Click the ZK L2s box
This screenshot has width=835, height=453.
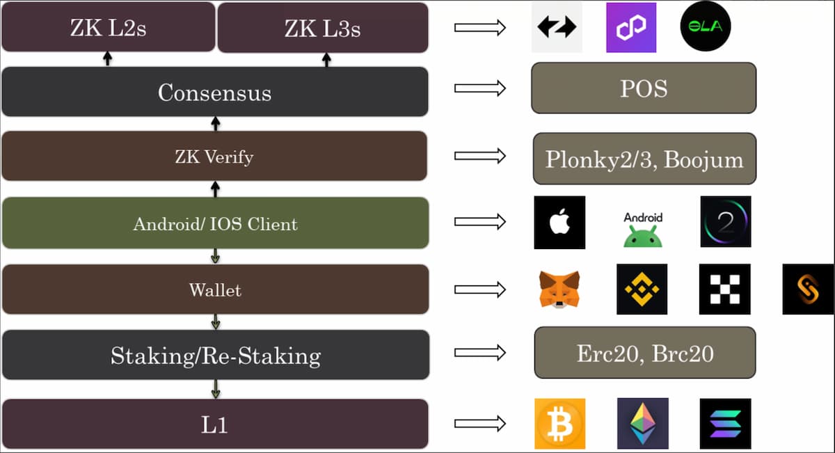[x=108, y=27]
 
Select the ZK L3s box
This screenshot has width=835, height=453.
[x=322, y=27]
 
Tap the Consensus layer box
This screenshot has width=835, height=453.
[x=214, y=92]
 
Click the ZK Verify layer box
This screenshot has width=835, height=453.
[x=214, y=157]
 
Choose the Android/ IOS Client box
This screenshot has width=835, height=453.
[x=214, y=223]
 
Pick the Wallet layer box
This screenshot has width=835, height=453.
[x=214, y=289]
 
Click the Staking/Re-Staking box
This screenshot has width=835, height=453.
[x=214, y=355]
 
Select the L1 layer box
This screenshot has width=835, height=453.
[x=214, y=424]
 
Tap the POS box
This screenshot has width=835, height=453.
[x=643, y=88]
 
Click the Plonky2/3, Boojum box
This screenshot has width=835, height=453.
[x=644, y=159]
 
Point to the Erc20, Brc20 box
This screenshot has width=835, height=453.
[x=644, y=353]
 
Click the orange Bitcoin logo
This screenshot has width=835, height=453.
[x=559, y=424]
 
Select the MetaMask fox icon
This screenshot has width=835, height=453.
[x=559, y=289]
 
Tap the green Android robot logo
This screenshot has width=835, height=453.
[x=643, y=229]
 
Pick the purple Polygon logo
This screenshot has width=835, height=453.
[x=631, y=27]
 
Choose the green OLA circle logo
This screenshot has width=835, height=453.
[x=706, y=27]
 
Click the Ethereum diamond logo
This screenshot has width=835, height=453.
[x=642, y=424]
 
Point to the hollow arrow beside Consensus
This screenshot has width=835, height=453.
[x=479, y=88]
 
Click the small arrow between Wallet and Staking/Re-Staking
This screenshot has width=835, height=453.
[x=216, y=321]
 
